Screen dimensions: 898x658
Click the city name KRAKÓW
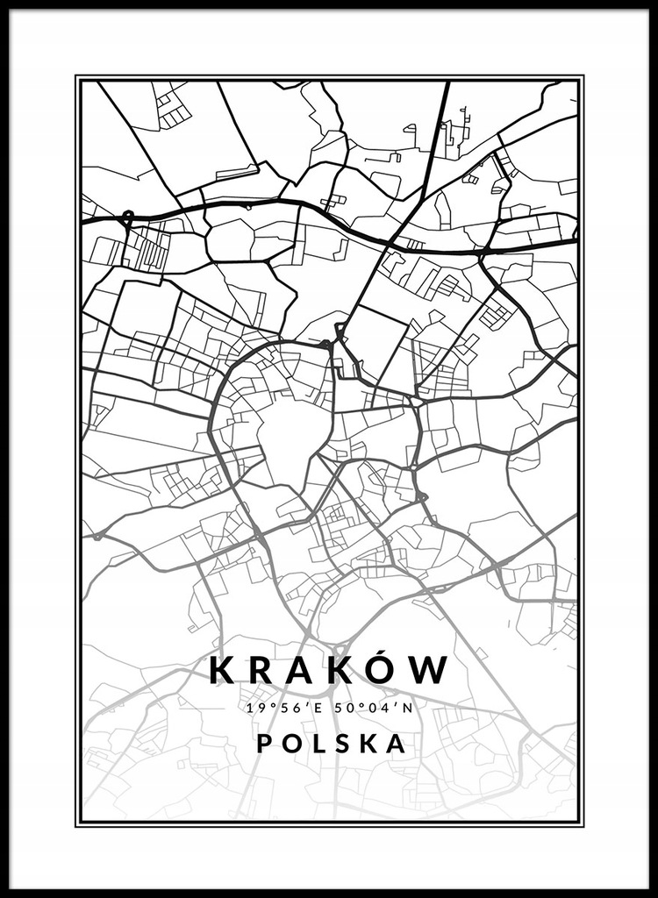coord(329,672)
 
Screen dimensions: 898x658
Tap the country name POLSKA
coord(332,744)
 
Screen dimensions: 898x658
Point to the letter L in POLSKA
coord(318,744)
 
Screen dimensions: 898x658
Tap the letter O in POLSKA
coord(291,744)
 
